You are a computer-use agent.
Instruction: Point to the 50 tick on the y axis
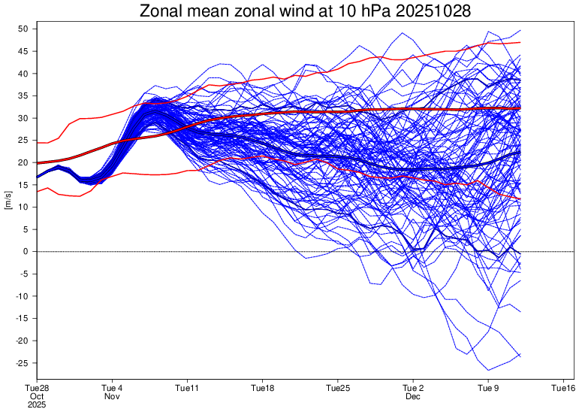point(23,29)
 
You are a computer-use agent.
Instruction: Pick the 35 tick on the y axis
point(23,96)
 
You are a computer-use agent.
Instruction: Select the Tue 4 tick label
point(112,388)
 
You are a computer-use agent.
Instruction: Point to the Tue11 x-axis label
point(187,388)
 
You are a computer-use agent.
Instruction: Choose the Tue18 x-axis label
point(262,388)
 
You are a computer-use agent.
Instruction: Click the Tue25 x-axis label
point(338,388)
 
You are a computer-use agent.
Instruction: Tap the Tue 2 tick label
point(413,388)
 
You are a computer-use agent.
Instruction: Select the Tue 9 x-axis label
point(488,388)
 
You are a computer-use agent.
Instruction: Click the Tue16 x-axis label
point(563,388)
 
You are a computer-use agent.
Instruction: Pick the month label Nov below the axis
point(112,396)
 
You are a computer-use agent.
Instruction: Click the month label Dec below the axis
point(413,396)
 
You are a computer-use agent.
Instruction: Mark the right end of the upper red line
point(520,43)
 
